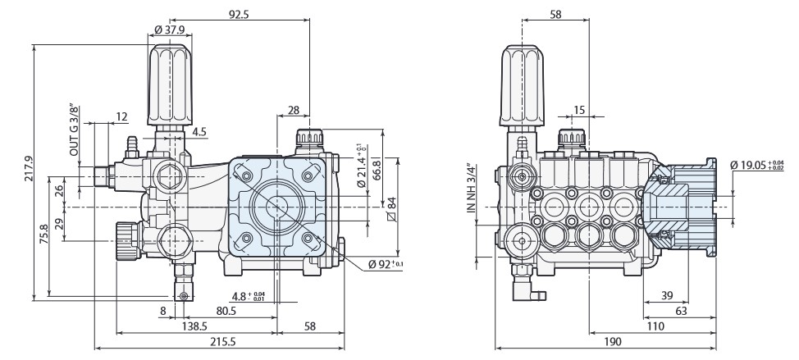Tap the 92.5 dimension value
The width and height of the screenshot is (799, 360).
(240, 14)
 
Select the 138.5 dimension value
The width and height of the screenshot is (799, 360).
(194, 326)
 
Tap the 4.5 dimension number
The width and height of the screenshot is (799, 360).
(199, 131)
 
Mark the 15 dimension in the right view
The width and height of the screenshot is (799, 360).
(580, 110)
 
